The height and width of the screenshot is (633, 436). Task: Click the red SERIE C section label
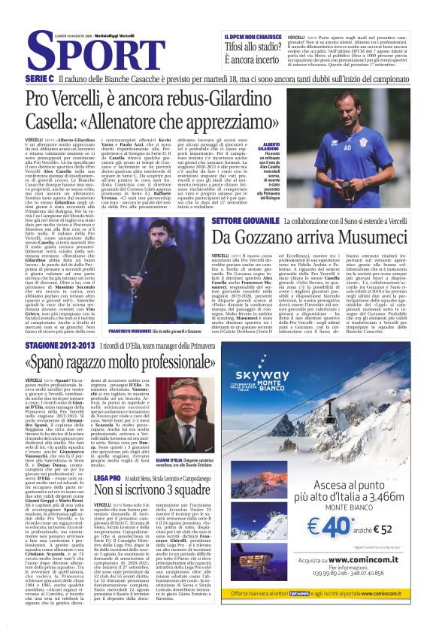[x=39, y=78]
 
